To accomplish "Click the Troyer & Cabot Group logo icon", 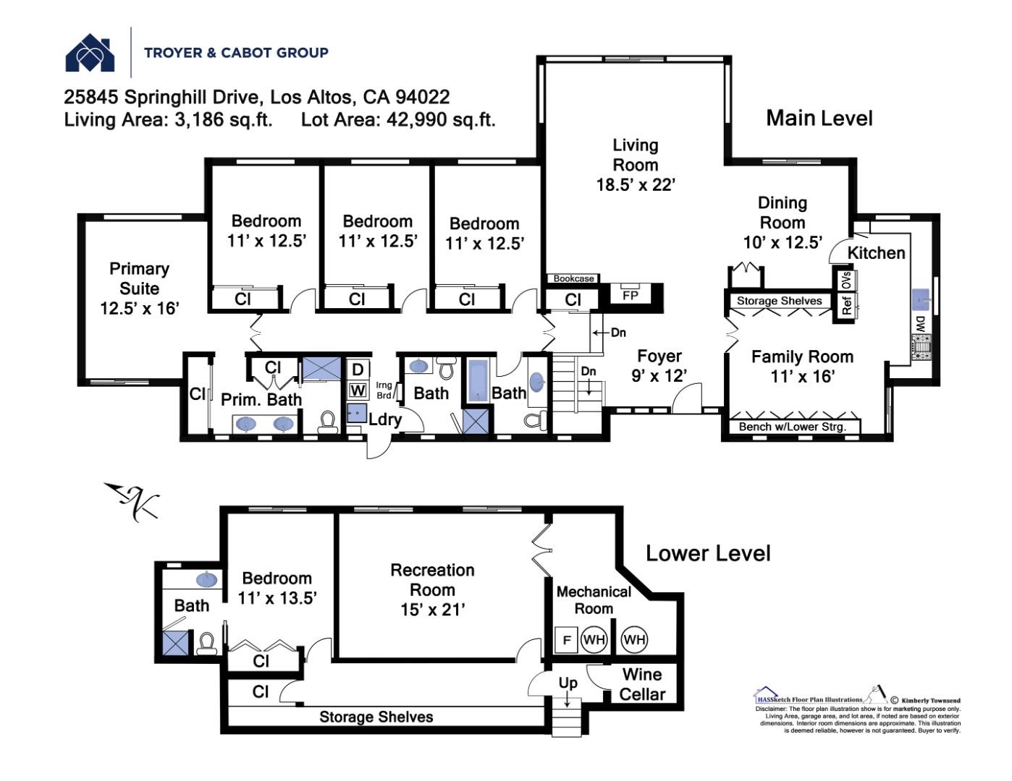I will pyautogui.click(x=90, y=53).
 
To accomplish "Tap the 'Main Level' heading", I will pyautogui.click(x=819, y=119).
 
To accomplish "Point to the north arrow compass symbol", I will pyautogui.click(x=133, y=501).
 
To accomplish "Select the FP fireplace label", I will pyautogui.click(x=630, y=295).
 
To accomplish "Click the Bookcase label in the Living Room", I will pyautogui.click(x=573, y=278).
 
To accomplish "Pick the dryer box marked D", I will pyautogui.click(x=358, y=370).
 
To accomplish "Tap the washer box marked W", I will pyautogui.click(x=358, y=390).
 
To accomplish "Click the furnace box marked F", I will pyautogui.click(x=566, y=640).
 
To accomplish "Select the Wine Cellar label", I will pyautogui.click(x=641, y=684).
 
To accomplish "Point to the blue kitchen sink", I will pyautogui.click(x=920, y=297).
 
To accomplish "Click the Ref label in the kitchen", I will pyautogui.click(x=846, y=306).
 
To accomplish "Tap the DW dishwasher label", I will pyautogui.click(x=920, y=324).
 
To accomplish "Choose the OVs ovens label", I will pyautogui.click(x=846, y=279).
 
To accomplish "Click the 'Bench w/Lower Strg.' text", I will pyautogui.click(x=792, y=427).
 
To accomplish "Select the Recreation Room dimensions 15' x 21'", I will pyautogui.click(x=432, y=610).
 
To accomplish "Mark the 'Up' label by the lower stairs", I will pyautogui.click(x=568, y=683).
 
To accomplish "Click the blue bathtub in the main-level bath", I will pyautogui.click(x=478, y=381).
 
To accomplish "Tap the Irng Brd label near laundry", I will pyautogui.click(x=384, y=390).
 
